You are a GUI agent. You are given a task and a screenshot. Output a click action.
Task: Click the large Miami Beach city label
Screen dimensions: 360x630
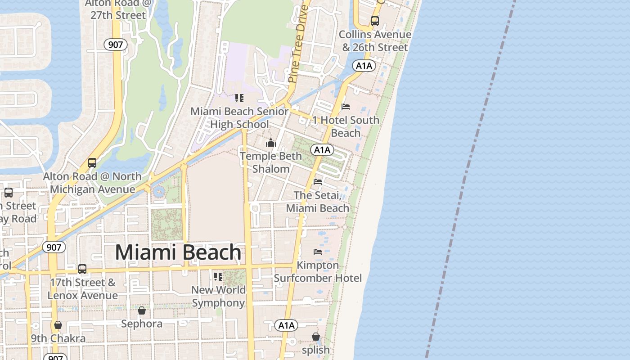178,252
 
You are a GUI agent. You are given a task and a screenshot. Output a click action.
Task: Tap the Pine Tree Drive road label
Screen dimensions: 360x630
297,44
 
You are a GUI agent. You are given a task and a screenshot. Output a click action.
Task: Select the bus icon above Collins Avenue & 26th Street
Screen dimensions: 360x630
374,21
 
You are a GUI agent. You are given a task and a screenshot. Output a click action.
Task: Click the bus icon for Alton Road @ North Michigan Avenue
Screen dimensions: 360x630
92,163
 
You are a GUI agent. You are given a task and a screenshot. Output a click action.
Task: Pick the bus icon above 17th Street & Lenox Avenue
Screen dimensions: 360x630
82,269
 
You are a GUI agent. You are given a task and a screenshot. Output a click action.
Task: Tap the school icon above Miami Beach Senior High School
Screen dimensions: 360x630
239,98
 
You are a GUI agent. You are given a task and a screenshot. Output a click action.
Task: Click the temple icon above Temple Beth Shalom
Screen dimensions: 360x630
271,143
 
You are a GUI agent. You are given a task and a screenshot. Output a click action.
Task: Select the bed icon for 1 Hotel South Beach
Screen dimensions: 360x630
346,107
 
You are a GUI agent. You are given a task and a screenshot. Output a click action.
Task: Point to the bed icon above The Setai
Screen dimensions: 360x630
318,182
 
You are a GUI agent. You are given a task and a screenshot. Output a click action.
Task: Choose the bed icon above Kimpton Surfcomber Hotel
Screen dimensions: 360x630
318,252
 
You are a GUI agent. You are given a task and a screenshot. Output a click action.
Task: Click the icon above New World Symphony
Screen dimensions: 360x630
218,276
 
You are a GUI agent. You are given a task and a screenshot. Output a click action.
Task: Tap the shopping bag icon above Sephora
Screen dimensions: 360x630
142,310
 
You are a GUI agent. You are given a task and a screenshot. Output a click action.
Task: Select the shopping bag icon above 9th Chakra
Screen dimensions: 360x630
58,325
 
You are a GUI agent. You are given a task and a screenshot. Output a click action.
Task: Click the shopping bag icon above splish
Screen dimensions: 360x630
316,337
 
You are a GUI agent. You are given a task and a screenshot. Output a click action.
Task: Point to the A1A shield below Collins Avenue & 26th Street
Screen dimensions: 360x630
364,66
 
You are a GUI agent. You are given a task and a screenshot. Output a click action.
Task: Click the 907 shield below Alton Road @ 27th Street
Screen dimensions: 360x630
116,45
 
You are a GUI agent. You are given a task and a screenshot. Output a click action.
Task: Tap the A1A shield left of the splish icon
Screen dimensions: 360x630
286,325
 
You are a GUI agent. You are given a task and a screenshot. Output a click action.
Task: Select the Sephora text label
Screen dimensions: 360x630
142,324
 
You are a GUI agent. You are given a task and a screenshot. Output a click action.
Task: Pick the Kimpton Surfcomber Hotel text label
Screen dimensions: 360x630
318,272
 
